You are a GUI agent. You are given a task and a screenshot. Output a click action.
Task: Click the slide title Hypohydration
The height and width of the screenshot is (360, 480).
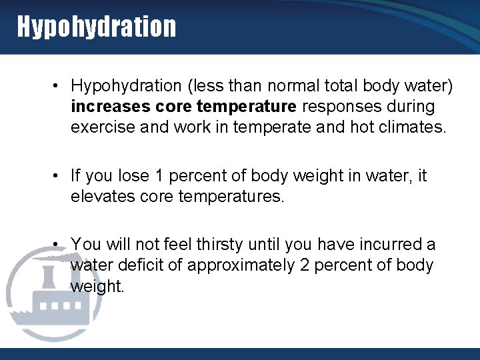97,27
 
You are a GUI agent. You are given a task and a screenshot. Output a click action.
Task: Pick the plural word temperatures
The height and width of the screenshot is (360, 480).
233,197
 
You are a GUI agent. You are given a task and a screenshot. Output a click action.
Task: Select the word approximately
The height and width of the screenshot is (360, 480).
241,265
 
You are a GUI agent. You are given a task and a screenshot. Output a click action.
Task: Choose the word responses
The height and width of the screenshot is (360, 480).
348,107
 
